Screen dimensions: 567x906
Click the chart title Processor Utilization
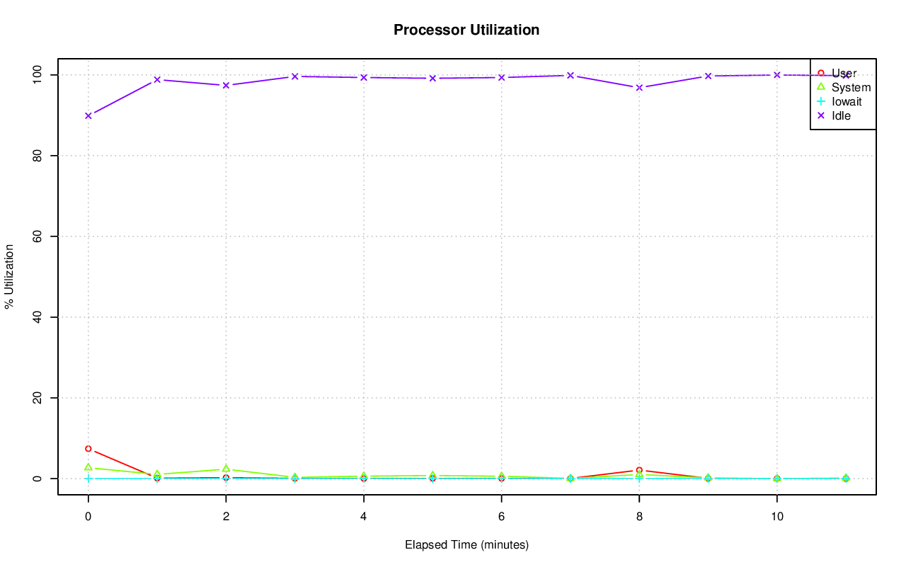[x=466, y=30]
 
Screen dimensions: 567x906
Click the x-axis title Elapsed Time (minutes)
[x=466, y=545]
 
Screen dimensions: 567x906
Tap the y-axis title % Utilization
[x=10, y=276]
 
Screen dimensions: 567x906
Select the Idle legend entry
[x=841, y=115]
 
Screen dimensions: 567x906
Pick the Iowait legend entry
[x=847, y=101]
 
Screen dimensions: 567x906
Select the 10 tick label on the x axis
[x=777, y=517]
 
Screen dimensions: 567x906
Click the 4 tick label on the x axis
[x=364, y=517]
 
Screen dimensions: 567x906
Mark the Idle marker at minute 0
[x=88, y=115]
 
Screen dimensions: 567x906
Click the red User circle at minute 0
[x=88, y=449]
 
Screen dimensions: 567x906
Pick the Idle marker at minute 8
[x=639, y=88]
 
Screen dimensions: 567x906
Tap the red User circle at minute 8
[x=639, y=470]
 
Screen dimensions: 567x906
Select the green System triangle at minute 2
[x=226, y=469]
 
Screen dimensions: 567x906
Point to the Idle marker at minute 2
[x=226, y=85]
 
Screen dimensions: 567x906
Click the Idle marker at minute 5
[x=432, y=78]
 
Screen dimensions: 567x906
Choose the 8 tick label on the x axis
[x=639, y=517]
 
